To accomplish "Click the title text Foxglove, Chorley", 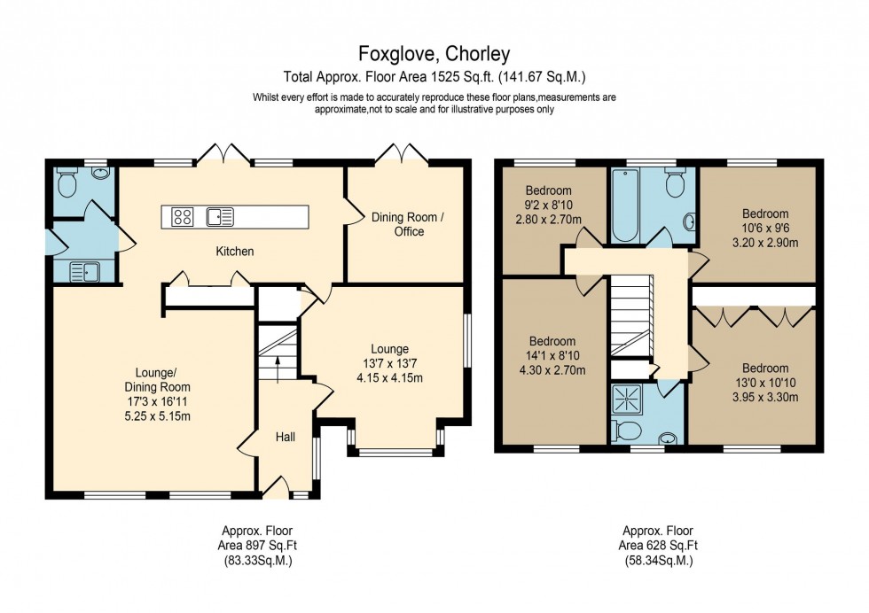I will [434, 54].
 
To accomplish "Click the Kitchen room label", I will [235, 252].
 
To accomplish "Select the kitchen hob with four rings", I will [183, 216].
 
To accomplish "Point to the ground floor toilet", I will [67, 183].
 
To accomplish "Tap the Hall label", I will [285, 437].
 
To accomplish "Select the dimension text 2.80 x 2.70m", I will [548, 218].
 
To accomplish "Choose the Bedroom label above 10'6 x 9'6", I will [765, 213].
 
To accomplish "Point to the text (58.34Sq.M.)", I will [657, 561].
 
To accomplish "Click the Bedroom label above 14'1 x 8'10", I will [552, 341].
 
